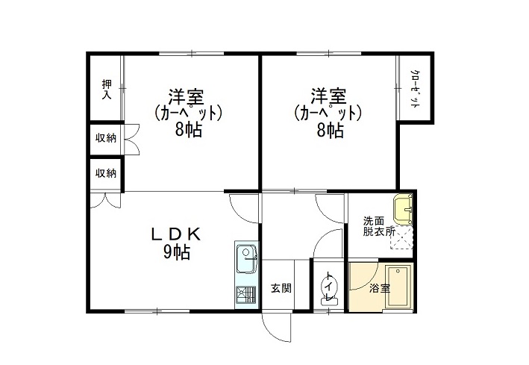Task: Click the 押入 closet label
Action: [107, 90]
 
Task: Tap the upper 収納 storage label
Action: [106, 138]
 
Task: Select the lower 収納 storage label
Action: [106, 173]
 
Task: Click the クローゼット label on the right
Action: [415, 89]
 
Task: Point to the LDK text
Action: [175, 234]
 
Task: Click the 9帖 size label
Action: [177, 252]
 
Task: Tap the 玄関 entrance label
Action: [281, 288]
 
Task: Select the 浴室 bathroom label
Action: [380, 288]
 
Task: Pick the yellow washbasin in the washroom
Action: [403, 210]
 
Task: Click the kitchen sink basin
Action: [247, 259]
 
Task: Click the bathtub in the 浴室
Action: [398, 287]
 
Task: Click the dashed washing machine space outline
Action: [401, 237]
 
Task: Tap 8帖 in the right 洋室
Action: [331, 130]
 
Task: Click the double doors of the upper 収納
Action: [131, 139]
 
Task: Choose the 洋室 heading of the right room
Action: [328, 96]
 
